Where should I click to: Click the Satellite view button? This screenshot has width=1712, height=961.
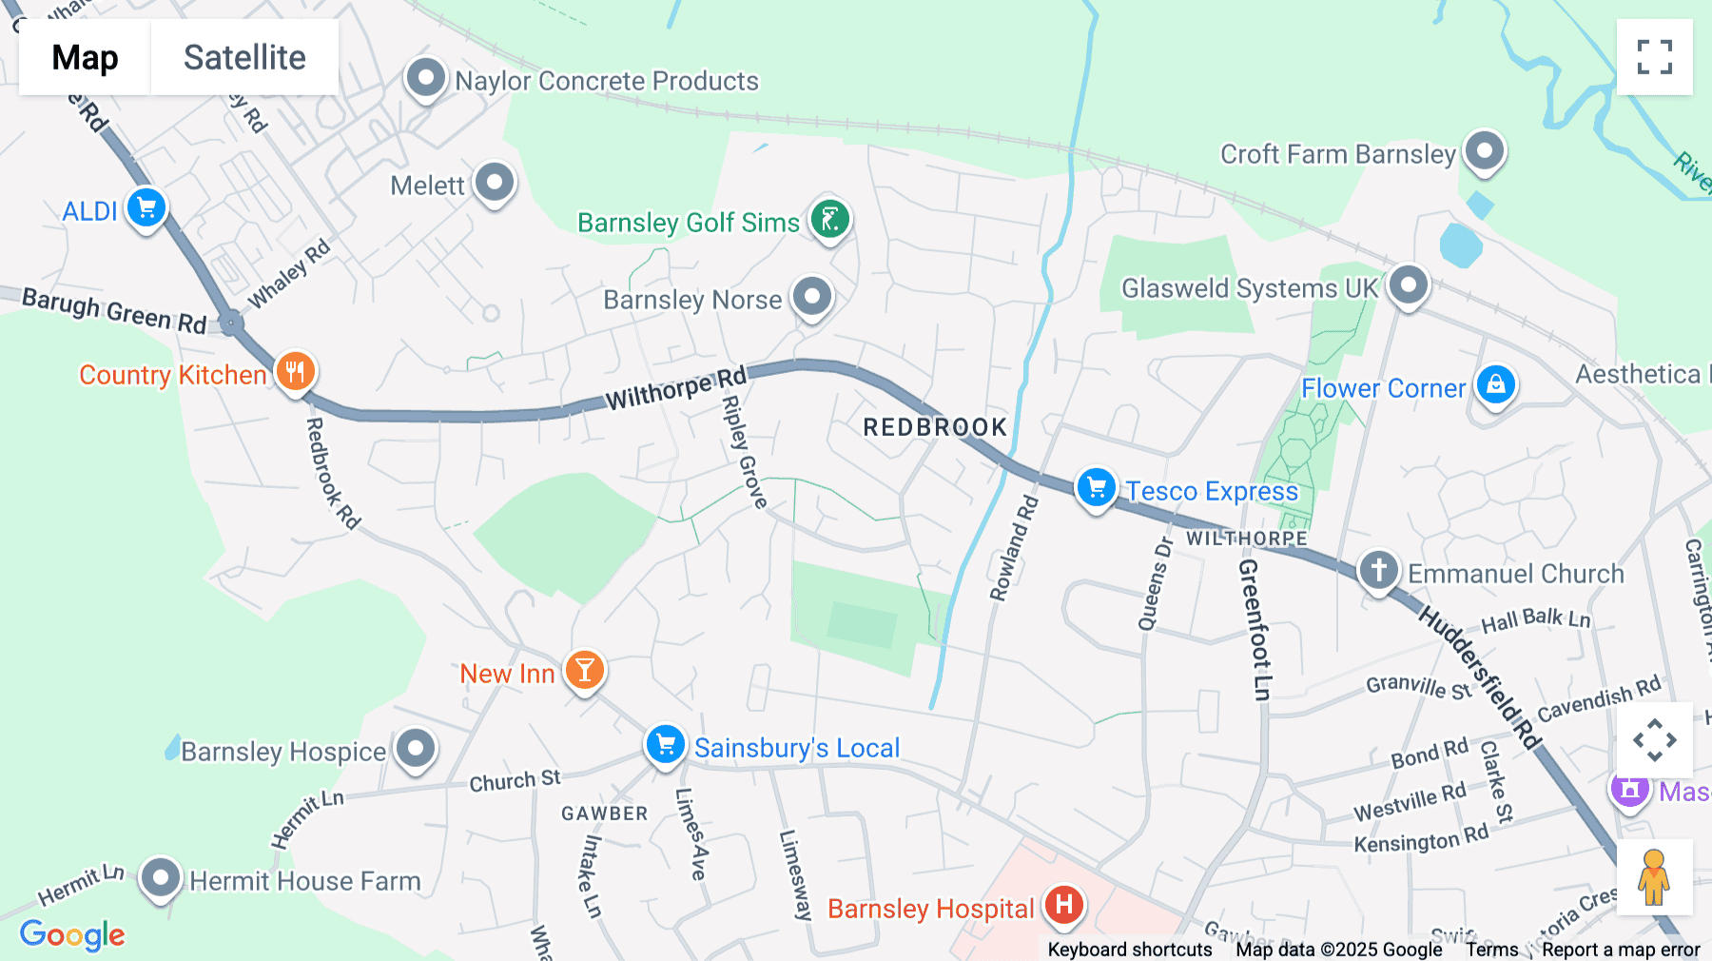(x=244, y=57)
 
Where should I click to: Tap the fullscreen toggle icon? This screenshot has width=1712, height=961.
(x=1654, y=57)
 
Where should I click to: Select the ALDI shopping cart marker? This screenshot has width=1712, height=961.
(x=146, y=207)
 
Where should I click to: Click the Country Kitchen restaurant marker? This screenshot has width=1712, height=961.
(x=296, y=371)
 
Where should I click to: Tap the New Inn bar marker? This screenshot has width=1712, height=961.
(x=585, y=670)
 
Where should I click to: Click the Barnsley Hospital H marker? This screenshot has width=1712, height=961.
(x=1064, y=904)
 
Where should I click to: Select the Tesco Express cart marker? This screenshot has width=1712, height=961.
(x=1096, y=487)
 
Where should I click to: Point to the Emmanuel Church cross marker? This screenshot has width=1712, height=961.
(x=1378, y=570)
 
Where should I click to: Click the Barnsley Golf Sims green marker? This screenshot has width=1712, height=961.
(x=830, y=219)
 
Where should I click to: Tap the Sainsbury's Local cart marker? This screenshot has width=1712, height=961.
(x=665, y=744)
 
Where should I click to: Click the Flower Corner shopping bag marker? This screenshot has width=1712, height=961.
(x=1495, y=384)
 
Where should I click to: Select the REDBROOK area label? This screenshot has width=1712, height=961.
(x=934, y=427)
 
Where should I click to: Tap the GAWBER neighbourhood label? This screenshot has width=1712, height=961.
(x=604, y=814)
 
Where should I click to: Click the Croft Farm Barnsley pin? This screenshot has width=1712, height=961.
(x=1484, y=150)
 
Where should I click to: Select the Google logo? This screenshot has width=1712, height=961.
(x=72, y=934)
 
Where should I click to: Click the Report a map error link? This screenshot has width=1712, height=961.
(x=1620, y=950)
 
